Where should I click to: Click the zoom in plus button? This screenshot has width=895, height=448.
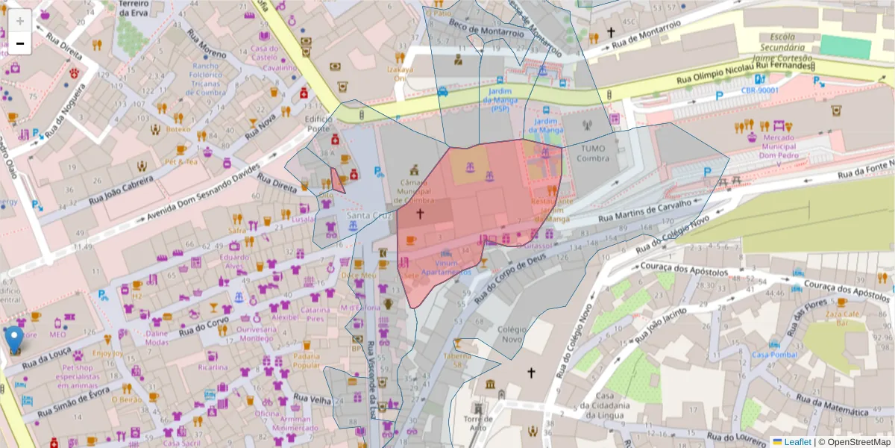[x=20, y=20]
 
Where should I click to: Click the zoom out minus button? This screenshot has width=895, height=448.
[x=20, y=43]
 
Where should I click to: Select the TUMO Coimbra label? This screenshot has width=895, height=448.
[x=592, y=153]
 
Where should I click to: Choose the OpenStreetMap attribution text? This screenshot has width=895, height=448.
[x=858, y=442]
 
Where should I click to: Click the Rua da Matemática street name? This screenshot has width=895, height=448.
[x=832, y=407]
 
